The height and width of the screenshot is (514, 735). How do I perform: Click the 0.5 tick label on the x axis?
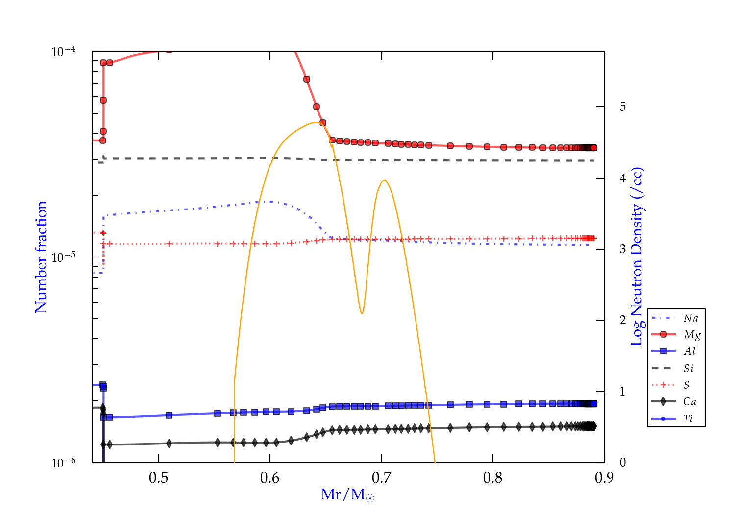point(158,478)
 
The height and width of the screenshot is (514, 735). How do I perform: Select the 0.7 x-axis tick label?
point(381,478)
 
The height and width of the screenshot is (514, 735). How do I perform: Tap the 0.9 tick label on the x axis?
point(604,478)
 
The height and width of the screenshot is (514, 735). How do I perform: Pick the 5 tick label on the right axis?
point(622,107)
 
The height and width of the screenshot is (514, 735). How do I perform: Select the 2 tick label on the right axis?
point(622,320)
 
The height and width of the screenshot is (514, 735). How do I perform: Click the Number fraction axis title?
point(41,257)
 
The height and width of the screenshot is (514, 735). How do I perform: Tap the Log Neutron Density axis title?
point(637,257)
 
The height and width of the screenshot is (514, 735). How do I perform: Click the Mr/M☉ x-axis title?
point(347,495)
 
